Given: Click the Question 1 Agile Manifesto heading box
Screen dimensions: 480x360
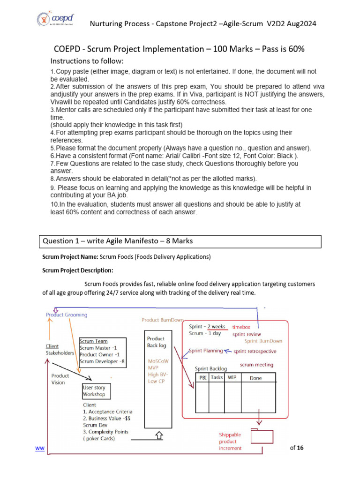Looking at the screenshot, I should coord(181,241).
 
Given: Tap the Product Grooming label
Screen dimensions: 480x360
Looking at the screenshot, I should coord(67,315).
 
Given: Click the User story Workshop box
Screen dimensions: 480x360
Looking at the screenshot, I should coord(94,391).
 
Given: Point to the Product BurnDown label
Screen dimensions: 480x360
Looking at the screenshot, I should coord(163,320).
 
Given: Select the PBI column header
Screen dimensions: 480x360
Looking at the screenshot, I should coord(203,377).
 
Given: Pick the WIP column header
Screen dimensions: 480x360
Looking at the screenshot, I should coord(232,377).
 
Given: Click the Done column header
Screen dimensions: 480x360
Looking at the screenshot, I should coord(256,378).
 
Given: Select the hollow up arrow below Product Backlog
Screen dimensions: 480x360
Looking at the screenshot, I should coord(158,435).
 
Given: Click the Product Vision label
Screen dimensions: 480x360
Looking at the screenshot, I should coord(60,379).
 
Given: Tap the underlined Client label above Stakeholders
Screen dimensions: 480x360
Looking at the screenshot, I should coord(52,346).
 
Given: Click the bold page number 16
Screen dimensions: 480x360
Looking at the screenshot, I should coord(300,448).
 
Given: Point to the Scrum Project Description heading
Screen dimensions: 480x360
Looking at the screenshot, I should coord(77,270).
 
